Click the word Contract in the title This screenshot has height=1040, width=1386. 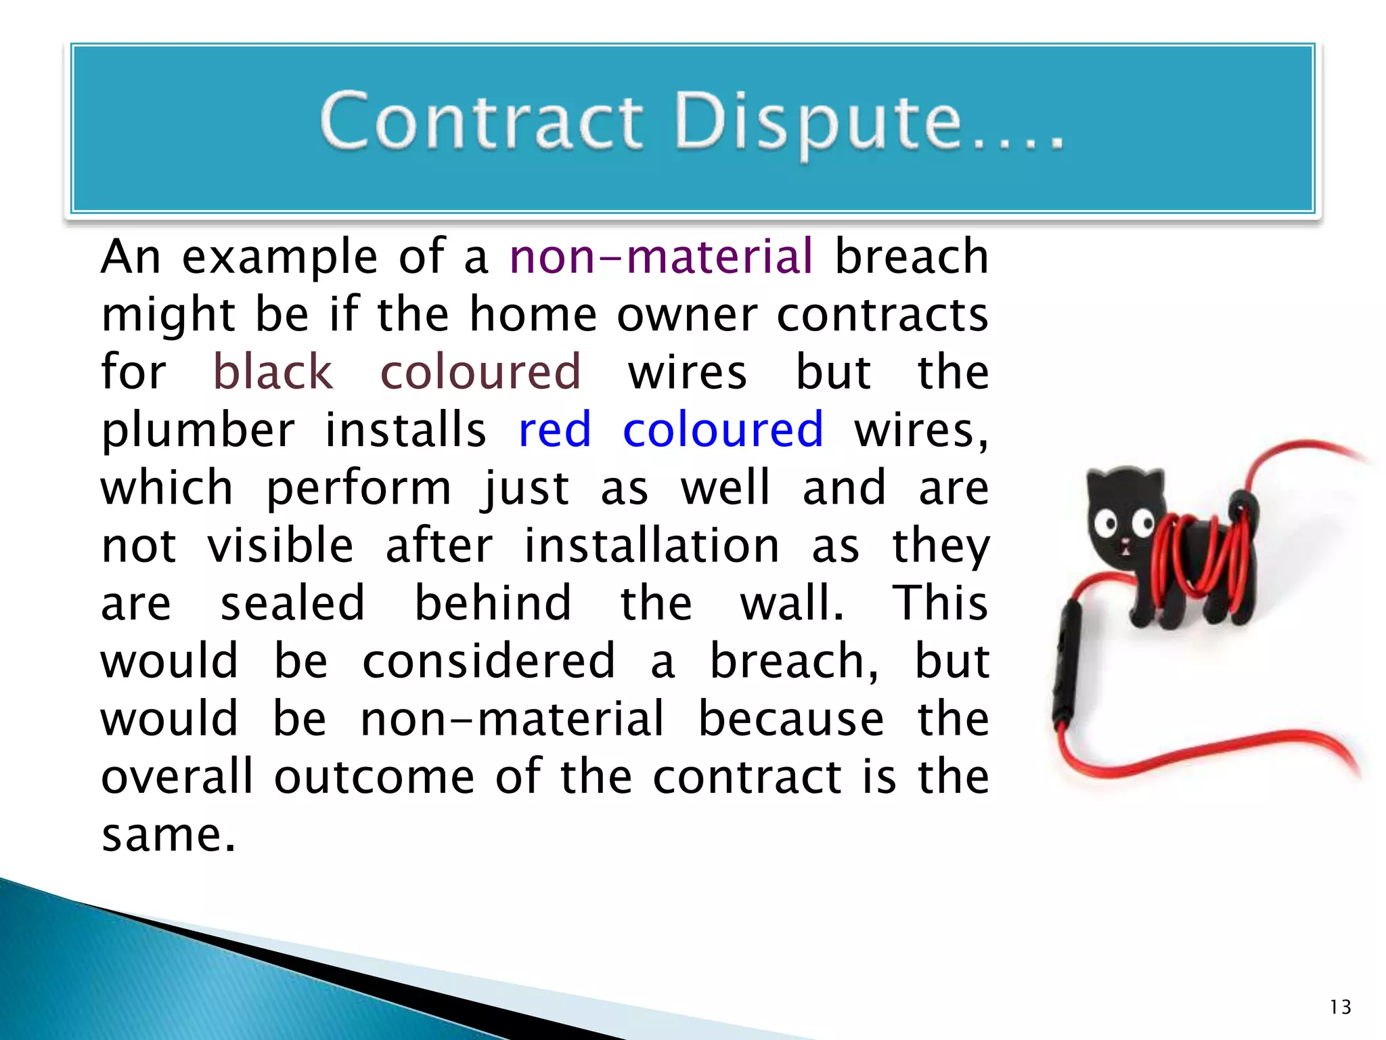(x=481, y=122)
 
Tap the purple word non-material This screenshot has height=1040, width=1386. (x=661, y=257)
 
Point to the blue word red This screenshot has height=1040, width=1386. (x=554, y=430)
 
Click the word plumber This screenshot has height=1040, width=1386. (x=198, y=431)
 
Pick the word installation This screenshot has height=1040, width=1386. (x=652, y=546)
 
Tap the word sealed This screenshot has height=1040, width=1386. (x=292, y=603)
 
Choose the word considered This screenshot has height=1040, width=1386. (x=489, y=661)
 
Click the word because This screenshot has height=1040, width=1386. (x=790, y=718)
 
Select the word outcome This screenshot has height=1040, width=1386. (x=374, y=777)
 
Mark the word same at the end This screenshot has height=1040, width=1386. (x=168, y=834)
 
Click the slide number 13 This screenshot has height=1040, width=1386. (x=1340, y=1007)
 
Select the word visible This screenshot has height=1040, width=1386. (x=280, y=546)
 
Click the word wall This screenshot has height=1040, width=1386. (x=792, y=603)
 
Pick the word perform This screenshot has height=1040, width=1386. (x=359, y=488)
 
